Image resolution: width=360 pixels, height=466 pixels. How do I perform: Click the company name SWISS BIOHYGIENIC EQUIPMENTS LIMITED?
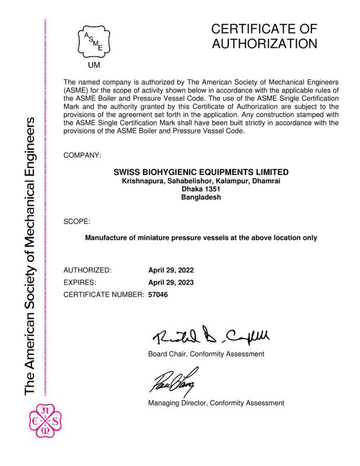pyautogui.click(x=201, y=172)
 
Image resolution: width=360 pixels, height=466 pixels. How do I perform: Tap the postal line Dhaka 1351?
pyautogui.click(x=201, y=189)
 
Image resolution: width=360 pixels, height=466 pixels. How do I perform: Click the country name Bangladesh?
pyautogui.click(x=201, y=197)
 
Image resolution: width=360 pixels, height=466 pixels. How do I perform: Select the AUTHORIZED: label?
pyautogui.click(x=87, y=271)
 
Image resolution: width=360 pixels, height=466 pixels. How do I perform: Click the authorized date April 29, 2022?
pyautogui.click(x=171, y=271)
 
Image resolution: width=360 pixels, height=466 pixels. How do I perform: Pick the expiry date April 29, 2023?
pyautogui.click(x=171, y=283)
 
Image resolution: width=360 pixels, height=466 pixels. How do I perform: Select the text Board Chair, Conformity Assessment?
pyautogui.click(x=206, y=353)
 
